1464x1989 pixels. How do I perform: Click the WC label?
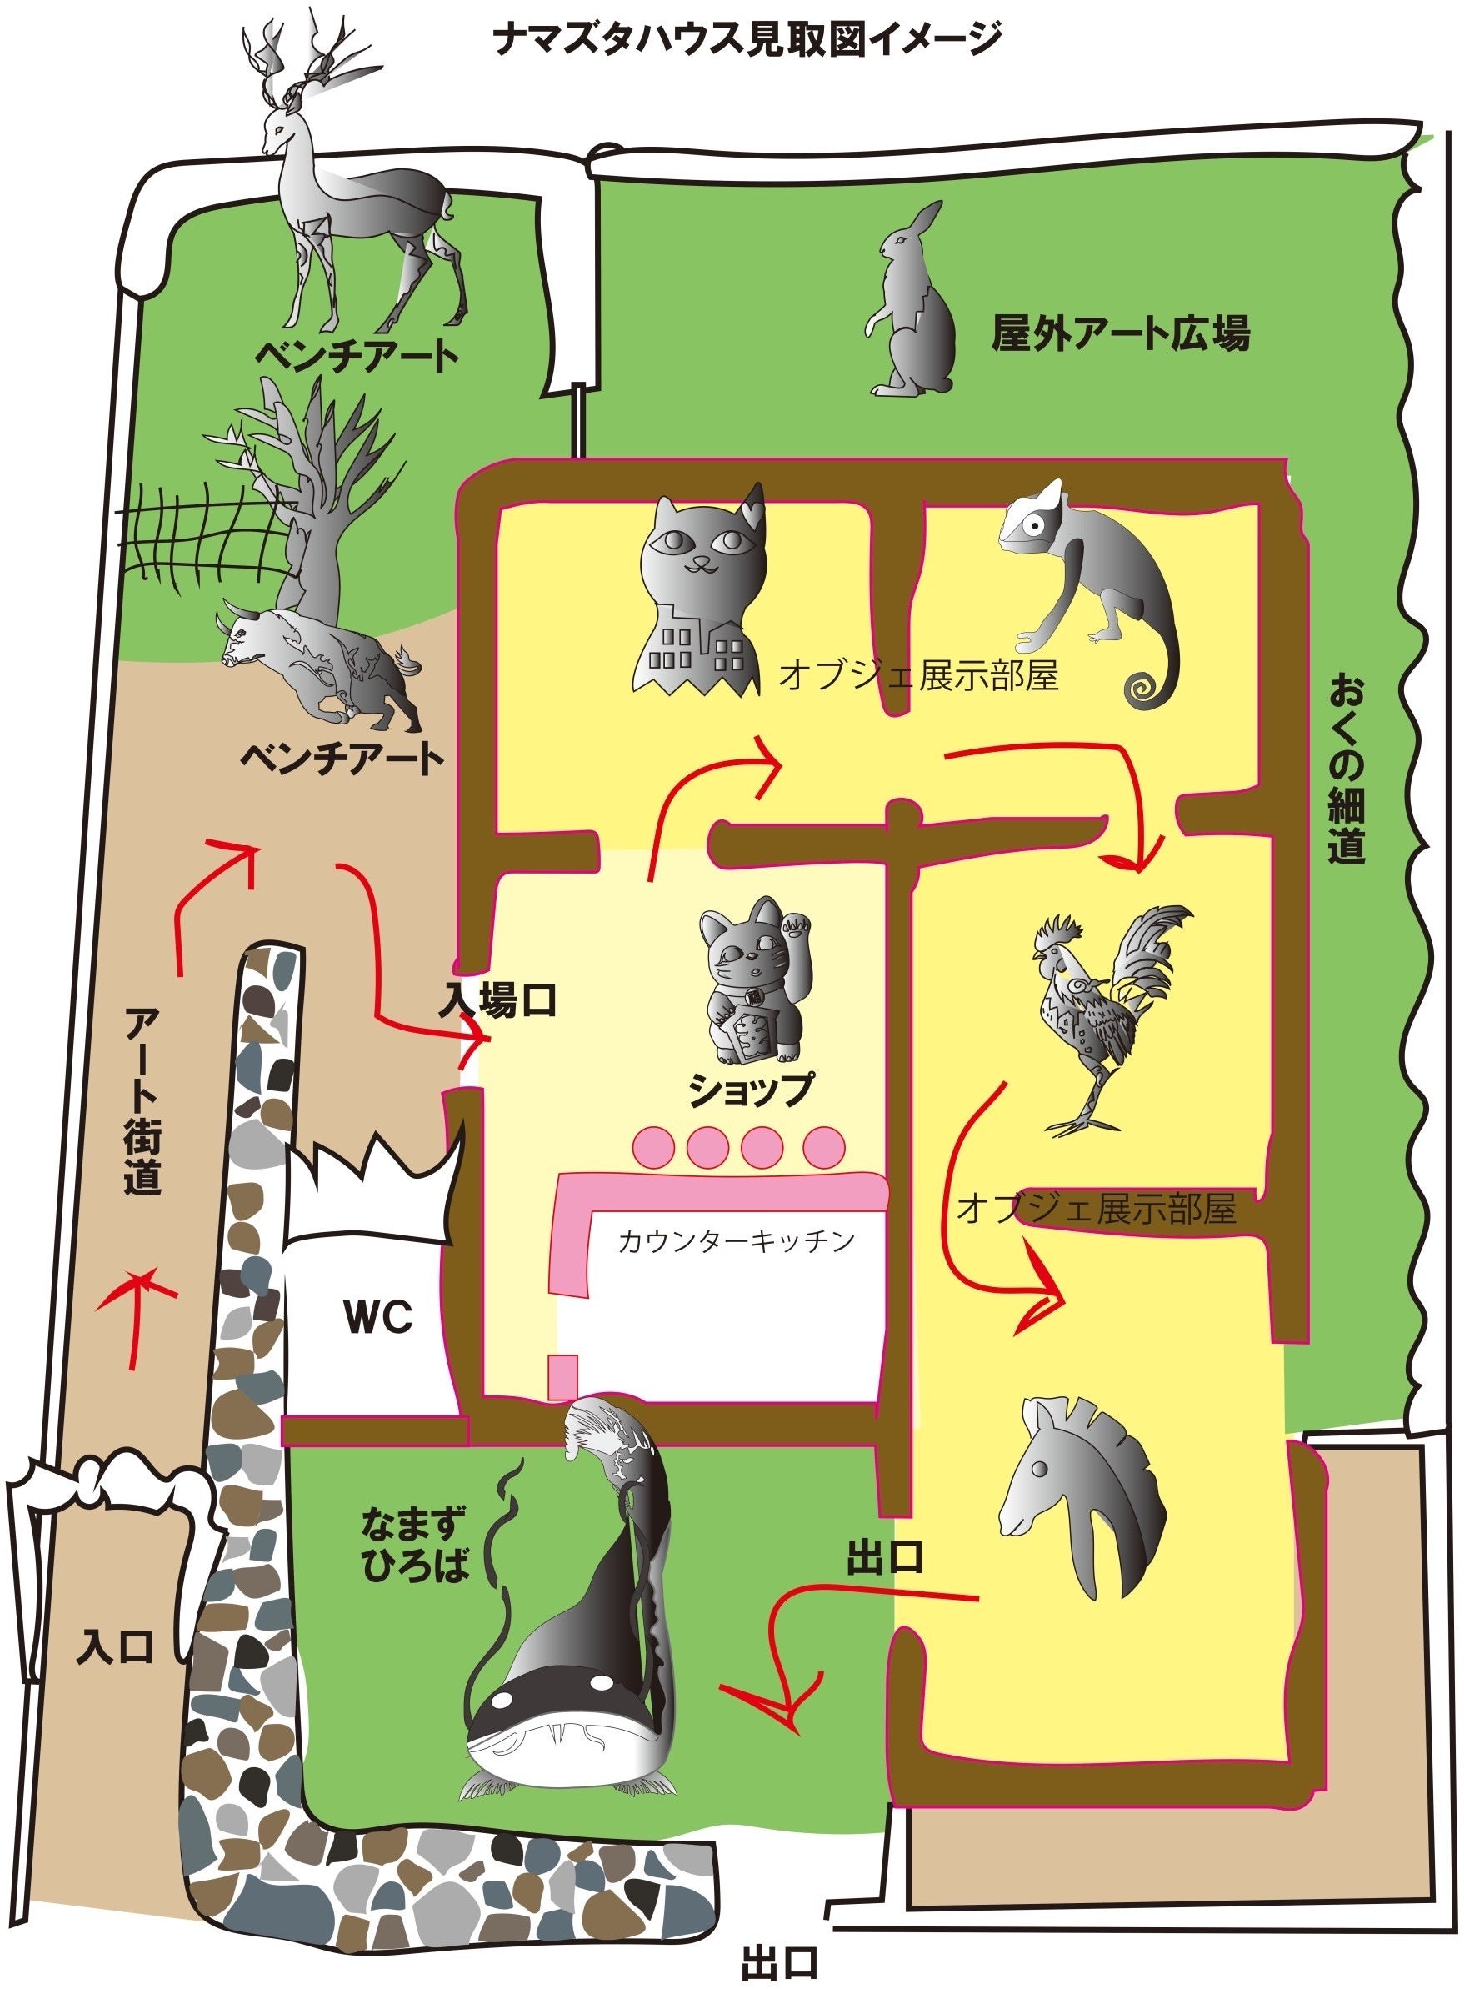coord(379,1317)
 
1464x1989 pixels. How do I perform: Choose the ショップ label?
coord(752,1090)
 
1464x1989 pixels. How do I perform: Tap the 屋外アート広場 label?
coord(1120,334)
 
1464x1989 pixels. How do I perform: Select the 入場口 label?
coord(498,1000)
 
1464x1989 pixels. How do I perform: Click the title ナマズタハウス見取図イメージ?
coord(749,40)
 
